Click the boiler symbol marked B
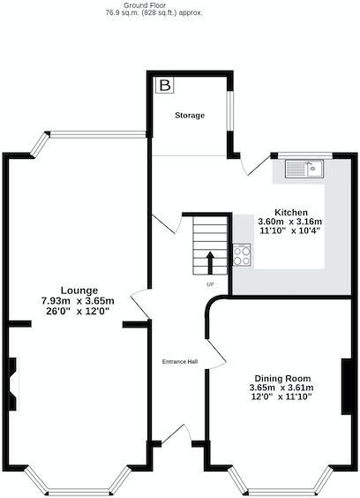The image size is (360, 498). [x=165, y=86]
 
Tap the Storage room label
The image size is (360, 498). [x=189, y=116]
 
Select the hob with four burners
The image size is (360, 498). [x=242, y=255]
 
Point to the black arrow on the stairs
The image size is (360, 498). [x=210, y=262]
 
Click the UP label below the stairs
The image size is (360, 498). [x=210, y=284]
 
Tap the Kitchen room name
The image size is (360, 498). [x=290, y=213]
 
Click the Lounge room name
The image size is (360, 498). [x=79, y=290]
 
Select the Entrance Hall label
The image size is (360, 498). [x=179, y=362]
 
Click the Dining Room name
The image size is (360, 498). [x=282, y=377]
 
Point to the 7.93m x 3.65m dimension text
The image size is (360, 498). [x=79, y=301]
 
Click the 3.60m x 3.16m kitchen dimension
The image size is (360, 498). [x=290, y=222]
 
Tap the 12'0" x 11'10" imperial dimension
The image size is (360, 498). [x=282, y=396]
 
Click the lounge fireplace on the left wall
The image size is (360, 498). [x=11, y=384]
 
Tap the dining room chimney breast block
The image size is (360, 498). [x=348, y=385]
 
